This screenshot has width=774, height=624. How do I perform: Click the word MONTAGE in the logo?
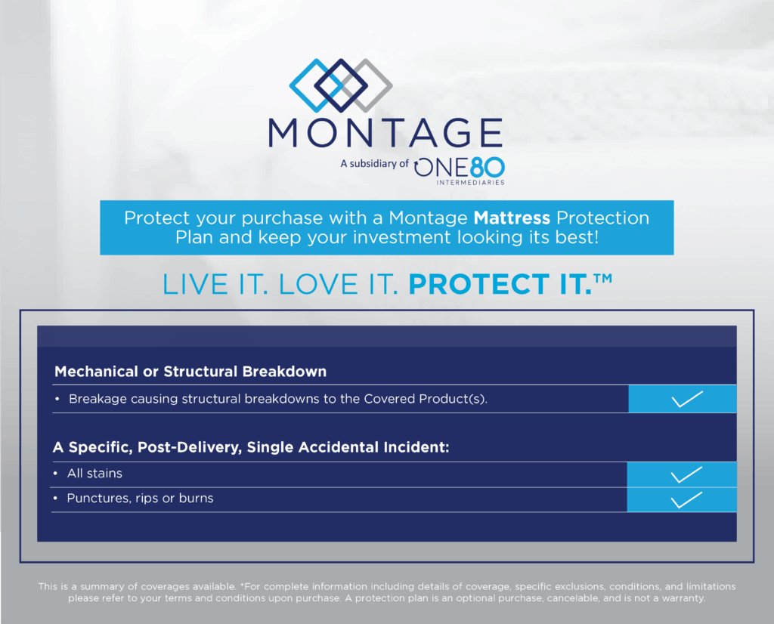coord(385,133)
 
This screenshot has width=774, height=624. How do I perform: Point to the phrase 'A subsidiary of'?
coord(374,164)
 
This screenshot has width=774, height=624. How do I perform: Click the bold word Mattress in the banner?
coord(512,218)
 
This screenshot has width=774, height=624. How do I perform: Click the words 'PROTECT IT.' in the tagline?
coord(500,284)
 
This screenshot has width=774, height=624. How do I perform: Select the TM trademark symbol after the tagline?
coord(603,279)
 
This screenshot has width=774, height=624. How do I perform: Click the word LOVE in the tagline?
coord(318,285)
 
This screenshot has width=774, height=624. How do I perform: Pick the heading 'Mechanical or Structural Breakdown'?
coord(190,372)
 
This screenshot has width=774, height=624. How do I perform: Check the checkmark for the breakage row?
coord(687,399)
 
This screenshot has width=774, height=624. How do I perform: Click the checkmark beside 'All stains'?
coord(686,474)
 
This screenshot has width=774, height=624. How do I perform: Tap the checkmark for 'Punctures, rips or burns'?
coord(686,500)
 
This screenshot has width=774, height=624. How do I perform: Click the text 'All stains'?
coord(94,474)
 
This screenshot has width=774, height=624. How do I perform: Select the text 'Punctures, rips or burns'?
coord(140,498)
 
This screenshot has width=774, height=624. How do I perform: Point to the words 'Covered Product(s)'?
coord(425,399)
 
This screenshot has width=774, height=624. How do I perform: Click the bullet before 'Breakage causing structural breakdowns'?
coord(57,399)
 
